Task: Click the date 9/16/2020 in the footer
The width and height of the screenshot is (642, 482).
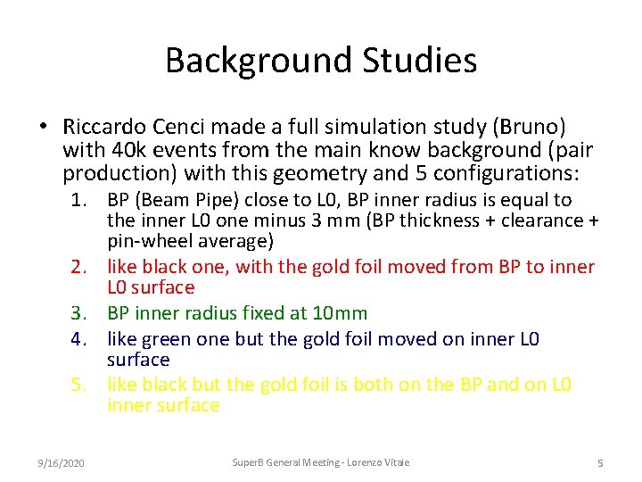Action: [62, 462]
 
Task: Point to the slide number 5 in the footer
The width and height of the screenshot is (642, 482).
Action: [599, 462]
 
